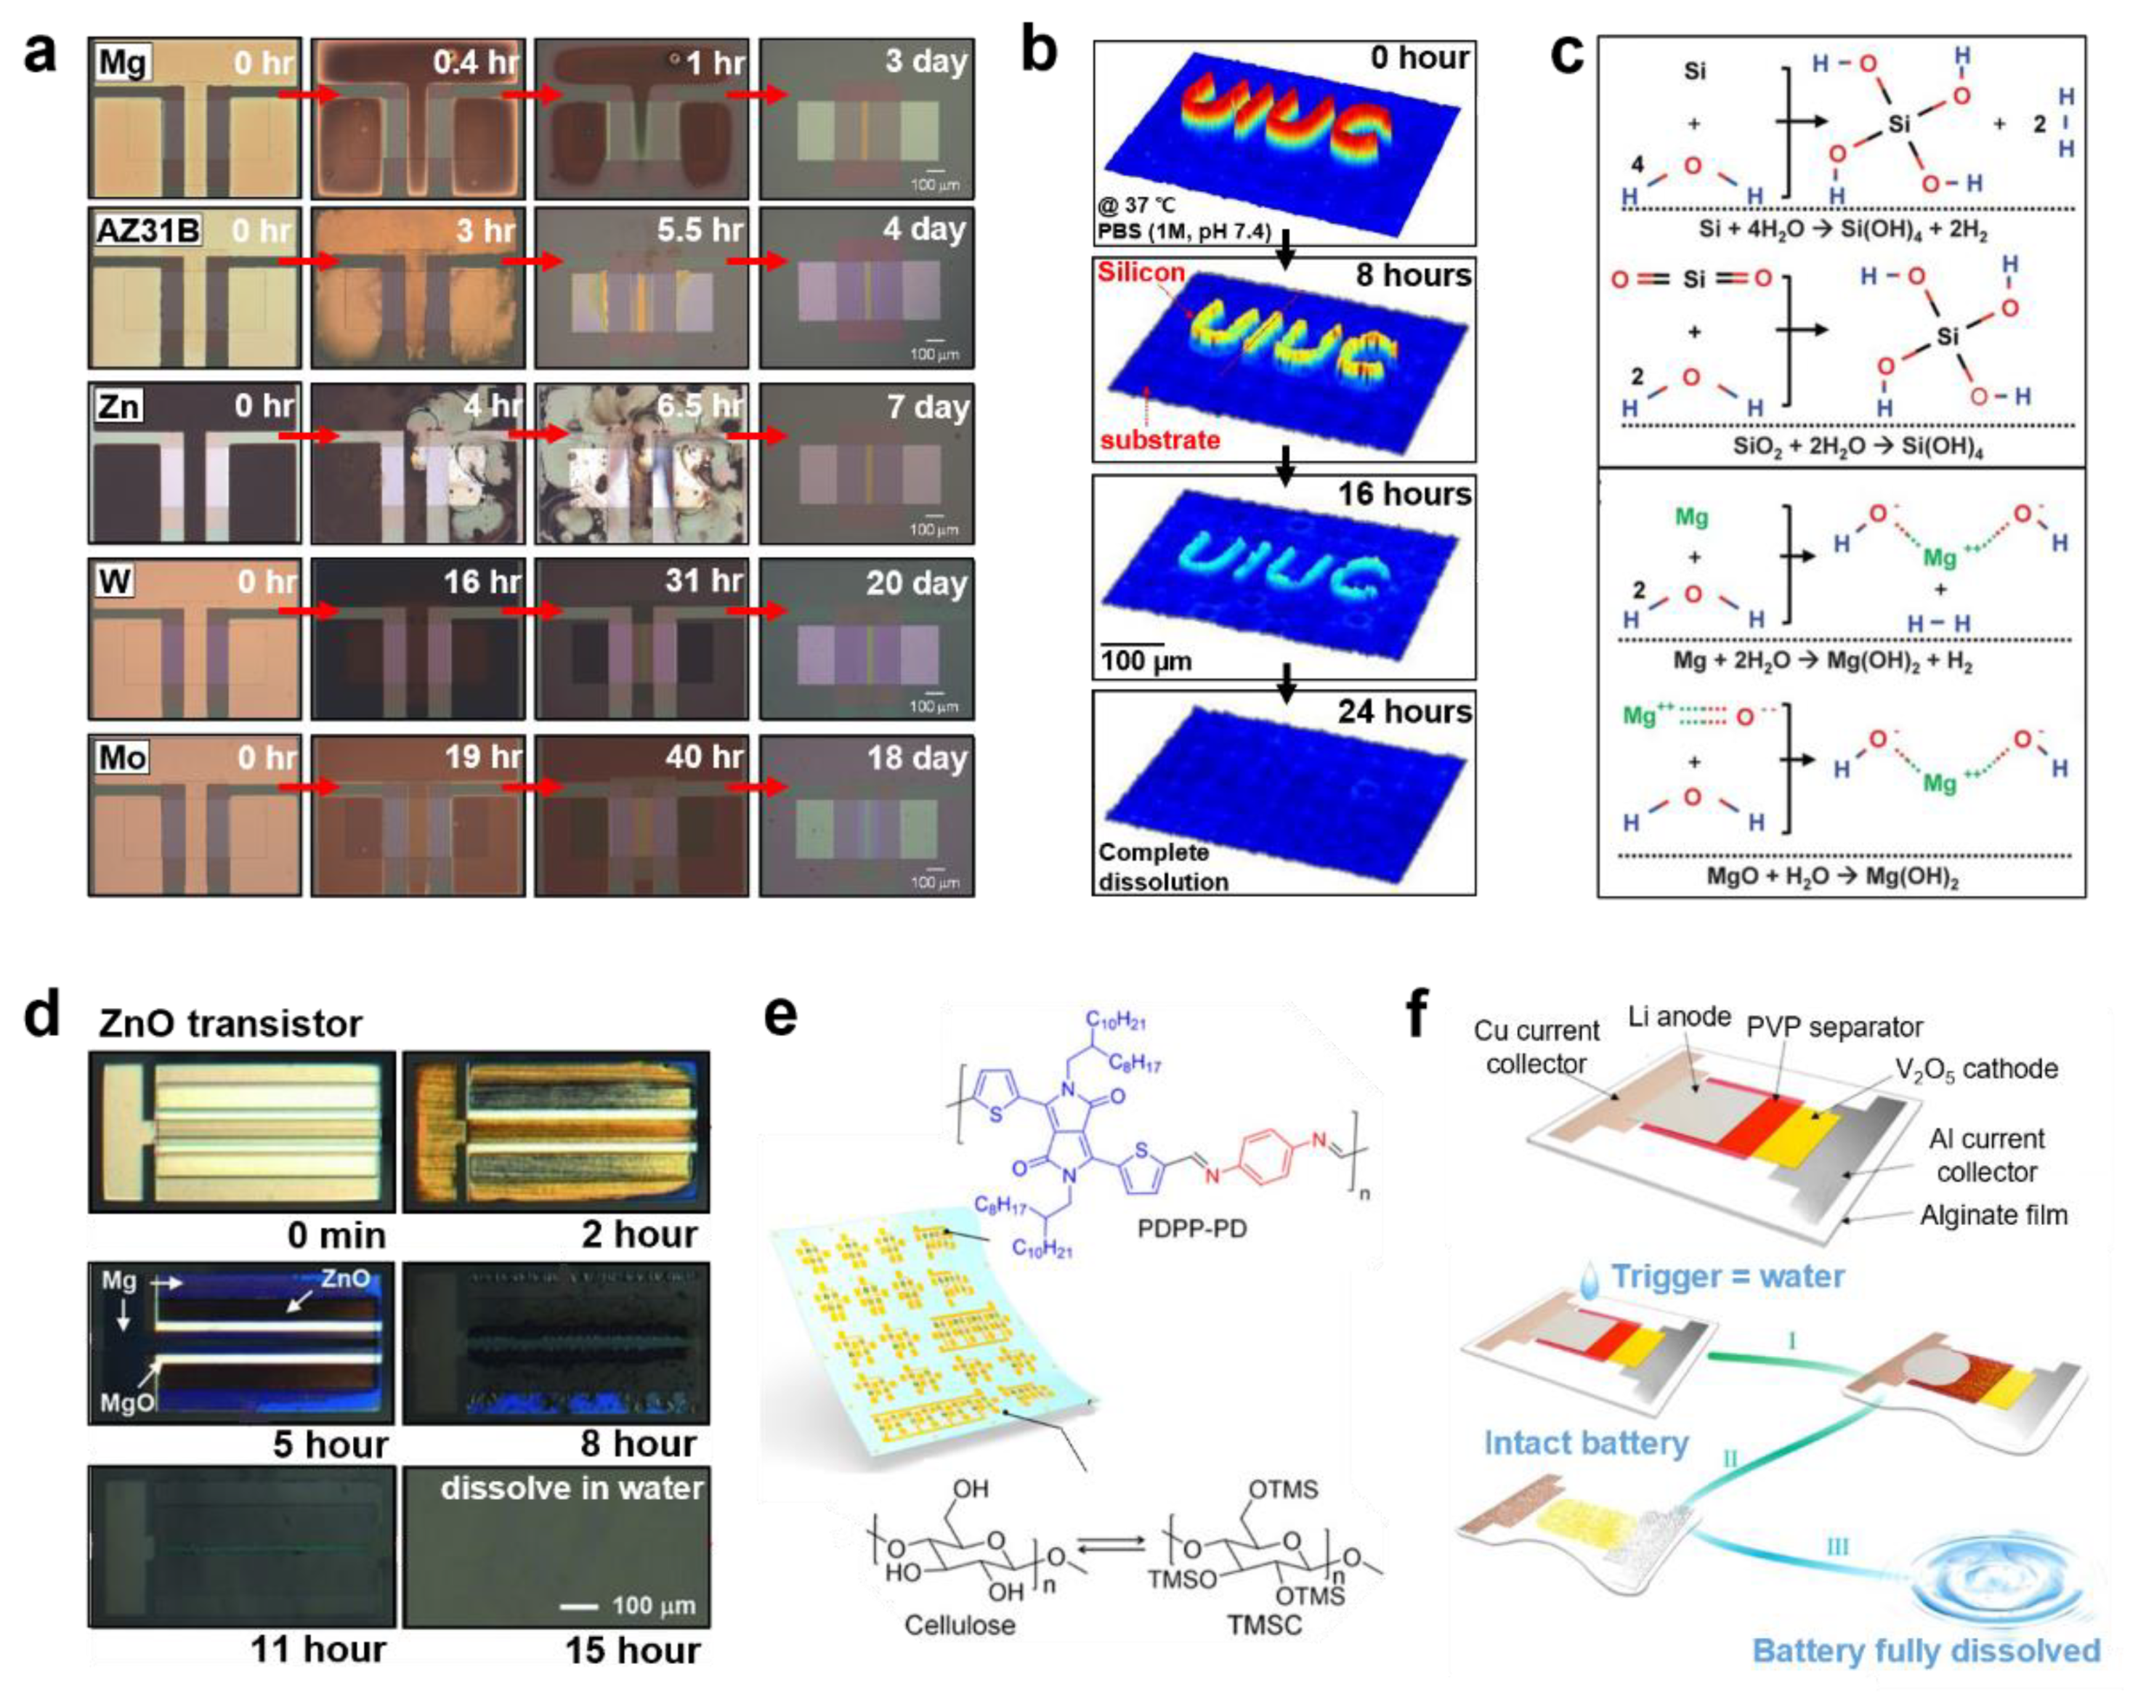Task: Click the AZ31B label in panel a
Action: coord(147,230)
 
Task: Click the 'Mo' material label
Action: coord(122,758)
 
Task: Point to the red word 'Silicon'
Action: coord(1141,272)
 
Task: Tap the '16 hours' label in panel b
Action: coord(1404,494)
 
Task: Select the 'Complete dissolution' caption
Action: coord(1162,867)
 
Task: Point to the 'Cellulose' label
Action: coord(959,1625)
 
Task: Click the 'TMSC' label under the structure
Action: coord(1264,1625)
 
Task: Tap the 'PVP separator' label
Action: coord(1834,1027)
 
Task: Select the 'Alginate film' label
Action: coord(1993,1214)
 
